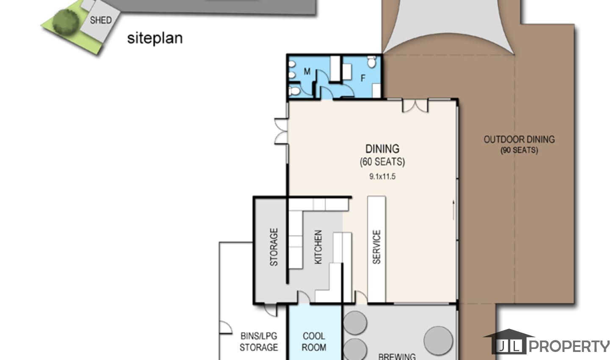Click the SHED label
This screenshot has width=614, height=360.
click(101, 20)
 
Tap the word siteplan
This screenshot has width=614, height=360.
click(155, 38)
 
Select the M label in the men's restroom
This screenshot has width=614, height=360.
click(307, 72)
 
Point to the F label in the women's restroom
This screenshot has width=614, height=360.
click(363, 78)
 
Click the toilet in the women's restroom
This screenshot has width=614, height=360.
click(371, 62)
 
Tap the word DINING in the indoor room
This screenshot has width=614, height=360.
click(382, 149)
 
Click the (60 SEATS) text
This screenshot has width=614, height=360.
click(382, 162)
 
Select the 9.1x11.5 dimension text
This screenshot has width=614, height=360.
click(382, 176)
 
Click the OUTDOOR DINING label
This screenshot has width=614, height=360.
click(519, 140)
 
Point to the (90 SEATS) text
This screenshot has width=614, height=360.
click(519, 150)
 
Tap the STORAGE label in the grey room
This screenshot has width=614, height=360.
click(274, 247)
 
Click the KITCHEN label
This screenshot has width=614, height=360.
click(318, 247)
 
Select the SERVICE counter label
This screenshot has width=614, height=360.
click(376, 247)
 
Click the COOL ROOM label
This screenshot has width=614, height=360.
click(314, 342)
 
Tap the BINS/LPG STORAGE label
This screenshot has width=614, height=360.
click(259, 342)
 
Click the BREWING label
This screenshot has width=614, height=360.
click(397, 357)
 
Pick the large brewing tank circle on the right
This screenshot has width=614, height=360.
click(438, 341)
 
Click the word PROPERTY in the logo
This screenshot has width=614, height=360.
click(569, 346)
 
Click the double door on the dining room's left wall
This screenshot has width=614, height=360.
click(282, 131)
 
